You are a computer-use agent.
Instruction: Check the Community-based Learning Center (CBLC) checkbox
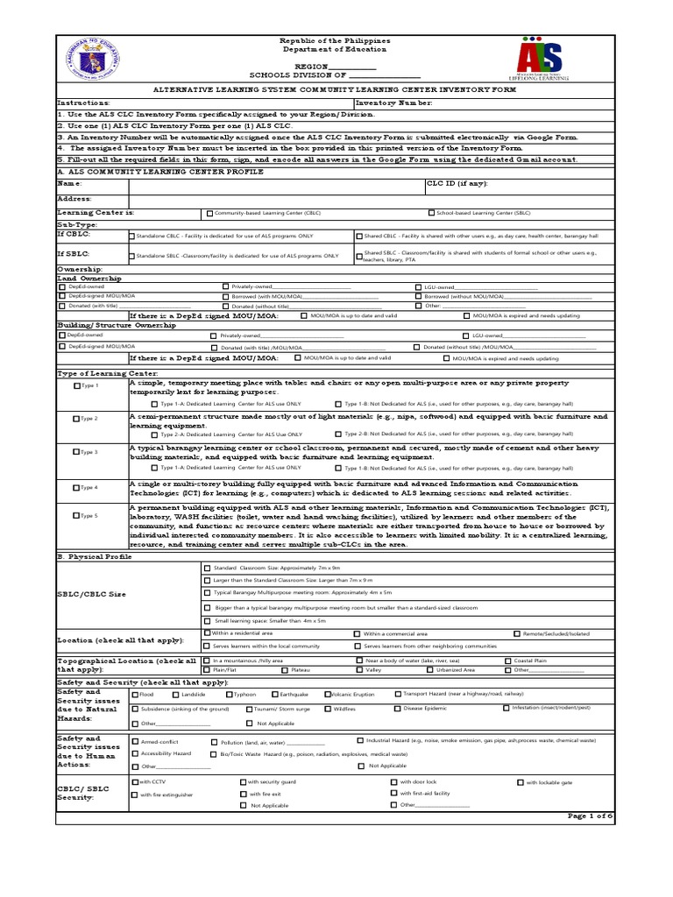coord(209,213)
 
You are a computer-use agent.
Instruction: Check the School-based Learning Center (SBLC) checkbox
coord(431,213)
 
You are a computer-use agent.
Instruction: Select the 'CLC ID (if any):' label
coord(457,184)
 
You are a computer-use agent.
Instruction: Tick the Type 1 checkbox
coord(77,385)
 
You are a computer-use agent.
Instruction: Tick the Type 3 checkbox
coord(77,451)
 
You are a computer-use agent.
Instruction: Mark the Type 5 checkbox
coord(77,516)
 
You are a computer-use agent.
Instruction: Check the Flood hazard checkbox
coord(135,695)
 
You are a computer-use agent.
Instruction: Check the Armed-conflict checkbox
coord(135,741)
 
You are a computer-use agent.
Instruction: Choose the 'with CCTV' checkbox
coord(134,781)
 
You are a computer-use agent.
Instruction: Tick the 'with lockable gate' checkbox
coord(521,782)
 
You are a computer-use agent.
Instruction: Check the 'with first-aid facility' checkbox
coord(393,793)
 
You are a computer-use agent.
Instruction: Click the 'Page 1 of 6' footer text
coord(590,816)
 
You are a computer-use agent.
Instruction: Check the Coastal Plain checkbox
coord(507,660)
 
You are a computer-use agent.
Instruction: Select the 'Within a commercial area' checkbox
coord(357,633)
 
